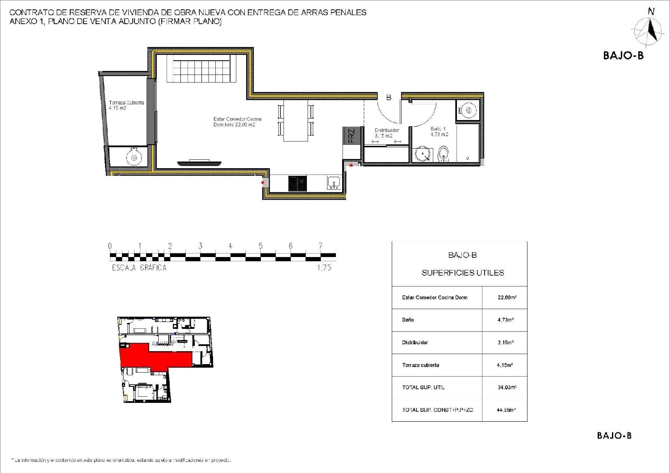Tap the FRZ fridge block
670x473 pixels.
tap(351, 136)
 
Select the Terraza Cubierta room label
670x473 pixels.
tap(126, 105)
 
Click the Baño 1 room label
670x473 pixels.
tap(439, 131)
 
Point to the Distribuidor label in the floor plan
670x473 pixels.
tap(386, 133)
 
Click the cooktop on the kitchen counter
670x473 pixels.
tap(297, 183)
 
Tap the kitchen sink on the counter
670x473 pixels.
tap(334, 183)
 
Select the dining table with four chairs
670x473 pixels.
tap(296, 120)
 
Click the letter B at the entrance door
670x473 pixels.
tap(389, 97)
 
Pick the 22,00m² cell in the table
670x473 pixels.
tap(507, 298)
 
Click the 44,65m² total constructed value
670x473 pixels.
tap(506, 410)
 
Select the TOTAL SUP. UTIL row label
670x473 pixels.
tap(423, 387)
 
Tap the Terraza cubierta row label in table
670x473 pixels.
tap(420, 365)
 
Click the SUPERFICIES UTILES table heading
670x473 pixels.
tap(463, 273)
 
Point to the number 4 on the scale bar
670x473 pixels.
tap(230, 246)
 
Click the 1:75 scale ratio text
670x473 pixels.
tap(324, 268)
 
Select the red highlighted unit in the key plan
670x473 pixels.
tap(152, 355)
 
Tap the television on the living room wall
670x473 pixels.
tap(199, 163)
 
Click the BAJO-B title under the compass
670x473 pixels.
tap(623, 55)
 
